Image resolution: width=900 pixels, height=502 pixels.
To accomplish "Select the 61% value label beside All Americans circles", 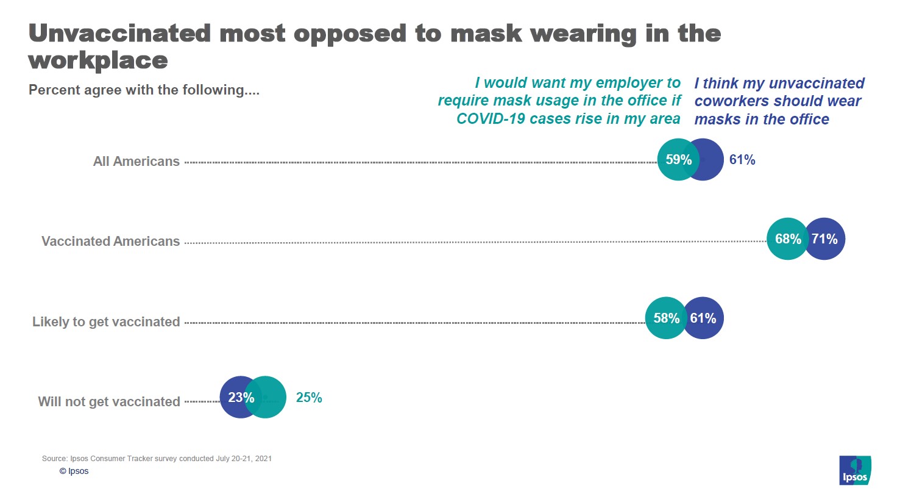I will [x=742, y=160].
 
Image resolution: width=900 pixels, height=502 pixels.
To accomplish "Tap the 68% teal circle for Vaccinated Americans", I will [x=787, y=239].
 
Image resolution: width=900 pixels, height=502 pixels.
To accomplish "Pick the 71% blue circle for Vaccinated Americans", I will [x=824, y=239].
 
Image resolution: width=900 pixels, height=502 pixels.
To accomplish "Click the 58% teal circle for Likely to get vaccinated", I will [x=666, y=318].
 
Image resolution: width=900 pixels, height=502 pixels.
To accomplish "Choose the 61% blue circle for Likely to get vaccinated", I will [x=703, y=318].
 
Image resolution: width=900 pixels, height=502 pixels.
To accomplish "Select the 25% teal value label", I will [x=309, y=398].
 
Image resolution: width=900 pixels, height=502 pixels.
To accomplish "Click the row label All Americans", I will [x=136, y=162].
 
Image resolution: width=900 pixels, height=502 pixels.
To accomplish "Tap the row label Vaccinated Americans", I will [x=110, y=242].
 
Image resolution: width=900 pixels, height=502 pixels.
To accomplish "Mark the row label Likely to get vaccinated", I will [x=106, y=322].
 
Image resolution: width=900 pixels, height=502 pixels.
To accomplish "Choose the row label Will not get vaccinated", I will [x=109, y=402].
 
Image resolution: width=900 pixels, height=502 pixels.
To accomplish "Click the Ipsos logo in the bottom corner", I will [x=855, y=470].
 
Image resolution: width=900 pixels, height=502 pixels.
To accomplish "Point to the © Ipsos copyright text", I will [x=74, y=471].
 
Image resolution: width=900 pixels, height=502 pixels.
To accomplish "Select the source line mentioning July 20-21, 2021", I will [x=157, y=459].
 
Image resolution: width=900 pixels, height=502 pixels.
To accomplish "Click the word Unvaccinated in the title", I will [x=119, y=34].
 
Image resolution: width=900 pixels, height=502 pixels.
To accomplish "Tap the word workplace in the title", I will [x=98, y=60].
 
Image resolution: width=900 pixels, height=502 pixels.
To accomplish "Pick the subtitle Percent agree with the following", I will [x=144, y=90].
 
